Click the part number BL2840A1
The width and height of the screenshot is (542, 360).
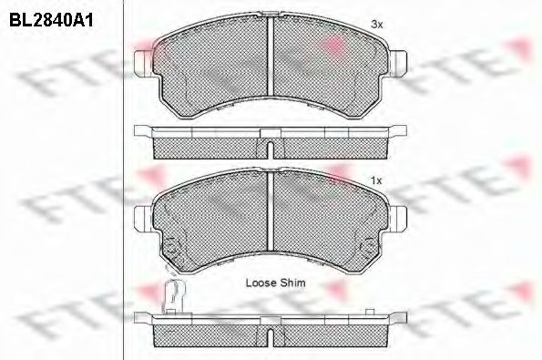tap(51, 21)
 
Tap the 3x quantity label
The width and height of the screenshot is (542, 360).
tap(376, 25)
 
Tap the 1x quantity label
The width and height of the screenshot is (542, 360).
tap(376, 180)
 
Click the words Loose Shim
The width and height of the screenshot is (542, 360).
tap(275, 283)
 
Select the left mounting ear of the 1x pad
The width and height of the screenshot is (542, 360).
tap(143, 218)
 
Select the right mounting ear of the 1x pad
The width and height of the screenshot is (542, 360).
tap(398, 218)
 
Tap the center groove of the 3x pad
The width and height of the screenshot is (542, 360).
tap(271, 56)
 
